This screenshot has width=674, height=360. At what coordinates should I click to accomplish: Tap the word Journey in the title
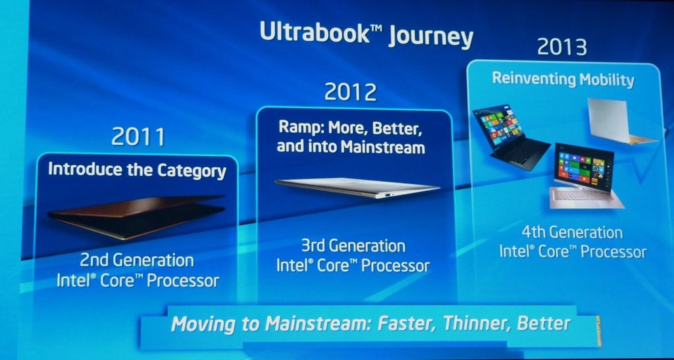(430, 37)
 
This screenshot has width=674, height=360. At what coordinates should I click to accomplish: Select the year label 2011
(138, 137)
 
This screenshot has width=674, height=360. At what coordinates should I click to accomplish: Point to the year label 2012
(350, 91)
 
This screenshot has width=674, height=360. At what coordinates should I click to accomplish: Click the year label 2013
(562, 47)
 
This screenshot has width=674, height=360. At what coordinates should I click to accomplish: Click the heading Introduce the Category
(137, 170)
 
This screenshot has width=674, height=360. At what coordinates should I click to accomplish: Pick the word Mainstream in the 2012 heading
(382, 147)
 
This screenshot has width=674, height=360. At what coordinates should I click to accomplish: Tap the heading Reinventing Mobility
(563, 79)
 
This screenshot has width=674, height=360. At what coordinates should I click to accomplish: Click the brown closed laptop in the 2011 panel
(137, 217)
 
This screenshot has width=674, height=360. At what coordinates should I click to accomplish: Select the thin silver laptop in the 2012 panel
(356, 188)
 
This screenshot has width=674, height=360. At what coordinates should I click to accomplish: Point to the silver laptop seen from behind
(620, 121)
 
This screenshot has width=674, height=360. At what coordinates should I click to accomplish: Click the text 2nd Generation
(137, 260)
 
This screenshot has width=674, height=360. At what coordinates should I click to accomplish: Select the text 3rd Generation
(353, 245)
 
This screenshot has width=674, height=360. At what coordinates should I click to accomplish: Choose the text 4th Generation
(572, 232)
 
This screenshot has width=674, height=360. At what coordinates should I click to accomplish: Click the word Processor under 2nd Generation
(183, 281)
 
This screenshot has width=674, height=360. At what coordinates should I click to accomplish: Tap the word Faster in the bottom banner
(405, 324)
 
